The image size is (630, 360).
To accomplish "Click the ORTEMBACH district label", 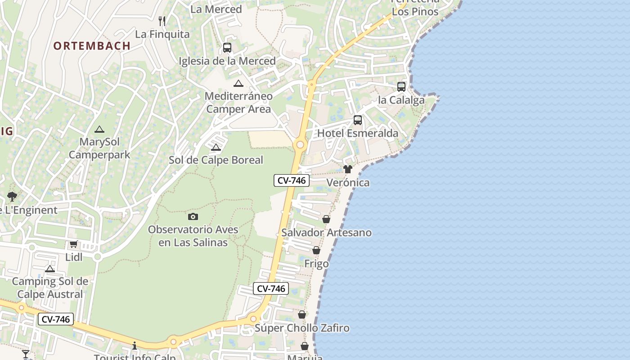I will pyautogui.click(x=92, y=45).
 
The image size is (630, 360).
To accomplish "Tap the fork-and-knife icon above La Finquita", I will pyautogui.click(x=162, y=21).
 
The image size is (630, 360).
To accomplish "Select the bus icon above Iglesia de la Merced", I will pyautogui.click(x=227, y=48).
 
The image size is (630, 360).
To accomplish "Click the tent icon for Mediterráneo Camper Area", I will pyautogui.click(x=238, y=83).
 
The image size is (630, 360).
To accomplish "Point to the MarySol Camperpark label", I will pyautogui.click(x=99, y=148).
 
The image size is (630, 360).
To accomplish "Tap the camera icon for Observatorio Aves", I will pyautogui.click(x=193, y=217).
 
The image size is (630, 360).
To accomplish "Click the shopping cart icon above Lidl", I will pyautogui.click(x=74, y=244).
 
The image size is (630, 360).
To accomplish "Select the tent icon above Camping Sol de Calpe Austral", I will pyautogui.click(x=50, y=269).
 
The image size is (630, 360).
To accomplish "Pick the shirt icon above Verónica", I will pyautogui.click(x=348, y=169).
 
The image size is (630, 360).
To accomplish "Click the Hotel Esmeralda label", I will pyautogui.click(x=358, y=133).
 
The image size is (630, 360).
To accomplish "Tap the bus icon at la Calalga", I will pyautogui.click(x=401, y=87).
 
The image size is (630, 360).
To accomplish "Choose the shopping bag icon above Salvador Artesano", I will pyautogui.click(x=326, y=219).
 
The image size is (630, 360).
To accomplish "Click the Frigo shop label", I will pyautogui.click(x=316, y=264).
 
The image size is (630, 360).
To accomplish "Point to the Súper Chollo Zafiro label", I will pyautogui.click(x=302, y=328).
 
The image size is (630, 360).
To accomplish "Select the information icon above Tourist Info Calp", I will pyautogui.click(x=135, y=346).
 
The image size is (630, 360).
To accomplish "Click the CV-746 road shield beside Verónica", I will pyautogui.click(x=292, y=180).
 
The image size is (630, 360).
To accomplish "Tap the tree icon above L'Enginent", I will pyautogui.click(x=12, y=197).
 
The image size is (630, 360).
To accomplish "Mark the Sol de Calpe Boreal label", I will pyautogui.click(x=216, y=160).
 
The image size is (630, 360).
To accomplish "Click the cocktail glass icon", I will pyautogui.click(x=26, y=354).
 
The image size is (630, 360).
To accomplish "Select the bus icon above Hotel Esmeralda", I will pyautogui.click(x=358, y=120).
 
